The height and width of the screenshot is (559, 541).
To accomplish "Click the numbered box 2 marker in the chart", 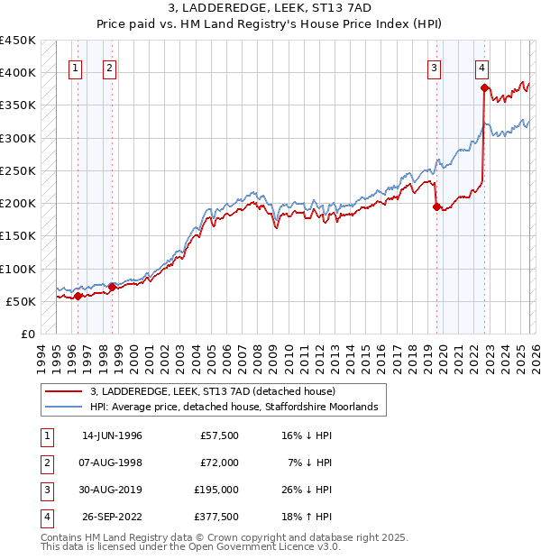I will point(109,67).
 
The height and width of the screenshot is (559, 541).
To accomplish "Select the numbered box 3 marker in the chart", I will point(435,67).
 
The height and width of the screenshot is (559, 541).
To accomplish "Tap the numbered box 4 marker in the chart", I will point(482,67).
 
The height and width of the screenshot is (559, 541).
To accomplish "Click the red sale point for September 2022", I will point(484,87).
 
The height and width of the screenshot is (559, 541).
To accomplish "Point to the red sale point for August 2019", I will point(437,206).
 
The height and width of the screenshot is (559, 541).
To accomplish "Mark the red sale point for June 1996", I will point(78,296).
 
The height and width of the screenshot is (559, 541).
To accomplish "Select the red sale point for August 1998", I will point(112,287).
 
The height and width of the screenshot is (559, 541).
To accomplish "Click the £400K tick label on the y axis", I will point(18,73).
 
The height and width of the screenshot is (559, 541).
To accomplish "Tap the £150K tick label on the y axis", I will point(18,236).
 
